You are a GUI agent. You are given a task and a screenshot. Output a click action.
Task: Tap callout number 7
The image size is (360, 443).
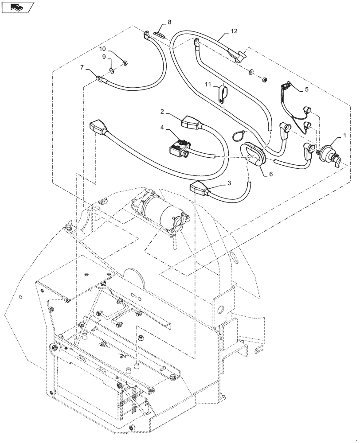82,67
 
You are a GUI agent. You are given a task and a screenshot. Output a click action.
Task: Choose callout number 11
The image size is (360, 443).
207,84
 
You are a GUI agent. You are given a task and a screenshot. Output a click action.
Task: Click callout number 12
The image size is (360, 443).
234,31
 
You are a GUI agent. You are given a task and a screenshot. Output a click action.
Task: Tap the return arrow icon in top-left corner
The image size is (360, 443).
18,7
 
